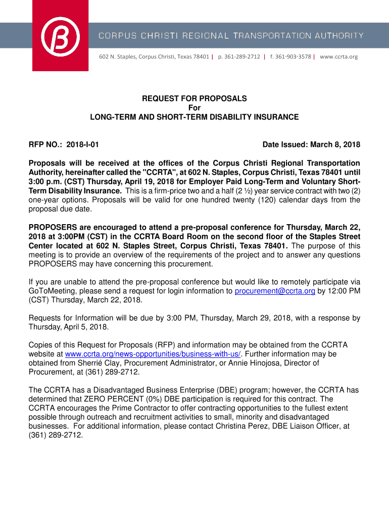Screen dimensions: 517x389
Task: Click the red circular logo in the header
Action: tap(60, 35)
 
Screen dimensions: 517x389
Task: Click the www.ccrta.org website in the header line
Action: tap(338, 57)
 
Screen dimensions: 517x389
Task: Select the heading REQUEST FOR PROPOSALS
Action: tap(194, 98)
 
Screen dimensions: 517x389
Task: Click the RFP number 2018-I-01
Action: tap(82, 145)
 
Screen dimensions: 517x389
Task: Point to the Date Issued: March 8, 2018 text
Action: tap(311, 145)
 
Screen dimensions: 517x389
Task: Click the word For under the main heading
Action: tap(194, 108)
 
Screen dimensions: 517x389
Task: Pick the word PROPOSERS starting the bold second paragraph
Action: tap(52, 227)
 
